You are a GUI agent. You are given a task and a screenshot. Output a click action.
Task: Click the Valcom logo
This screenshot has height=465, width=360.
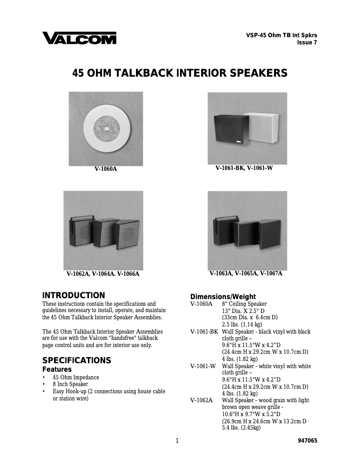coord(79,38)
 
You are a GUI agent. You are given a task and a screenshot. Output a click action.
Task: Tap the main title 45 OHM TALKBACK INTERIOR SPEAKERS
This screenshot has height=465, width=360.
coord(180,73)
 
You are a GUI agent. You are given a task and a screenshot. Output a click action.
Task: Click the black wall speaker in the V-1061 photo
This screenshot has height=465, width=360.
coord(229,129)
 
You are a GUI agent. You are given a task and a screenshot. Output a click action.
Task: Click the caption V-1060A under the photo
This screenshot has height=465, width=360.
coord(105,169)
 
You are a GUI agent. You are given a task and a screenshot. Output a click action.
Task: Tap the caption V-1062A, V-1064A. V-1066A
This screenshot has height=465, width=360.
coord(103,274)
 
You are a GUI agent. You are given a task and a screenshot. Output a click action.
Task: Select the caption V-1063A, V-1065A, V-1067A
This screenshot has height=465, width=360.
coord(246,273)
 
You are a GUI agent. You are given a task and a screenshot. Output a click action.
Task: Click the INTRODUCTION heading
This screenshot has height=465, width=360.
coord(74,296)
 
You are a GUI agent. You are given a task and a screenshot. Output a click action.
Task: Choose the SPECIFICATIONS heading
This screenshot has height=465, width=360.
coord(76,361)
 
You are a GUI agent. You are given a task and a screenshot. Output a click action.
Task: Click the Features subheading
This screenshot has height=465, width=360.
coord(57,369)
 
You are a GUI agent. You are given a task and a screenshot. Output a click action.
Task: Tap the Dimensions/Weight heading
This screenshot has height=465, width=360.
coord(223,296)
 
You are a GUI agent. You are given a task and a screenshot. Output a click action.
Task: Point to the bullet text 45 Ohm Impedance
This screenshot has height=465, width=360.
coord(76,378)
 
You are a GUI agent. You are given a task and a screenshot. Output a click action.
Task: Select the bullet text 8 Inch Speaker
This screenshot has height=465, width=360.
coord(70,384)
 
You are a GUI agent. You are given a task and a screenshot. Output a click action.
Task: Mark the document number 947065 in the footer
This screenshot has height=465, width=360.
coord(307,441)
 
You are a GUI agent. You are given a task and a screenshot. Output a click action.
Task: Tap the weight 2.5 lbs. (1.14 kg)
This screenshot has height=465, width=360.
coord(242,324)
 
